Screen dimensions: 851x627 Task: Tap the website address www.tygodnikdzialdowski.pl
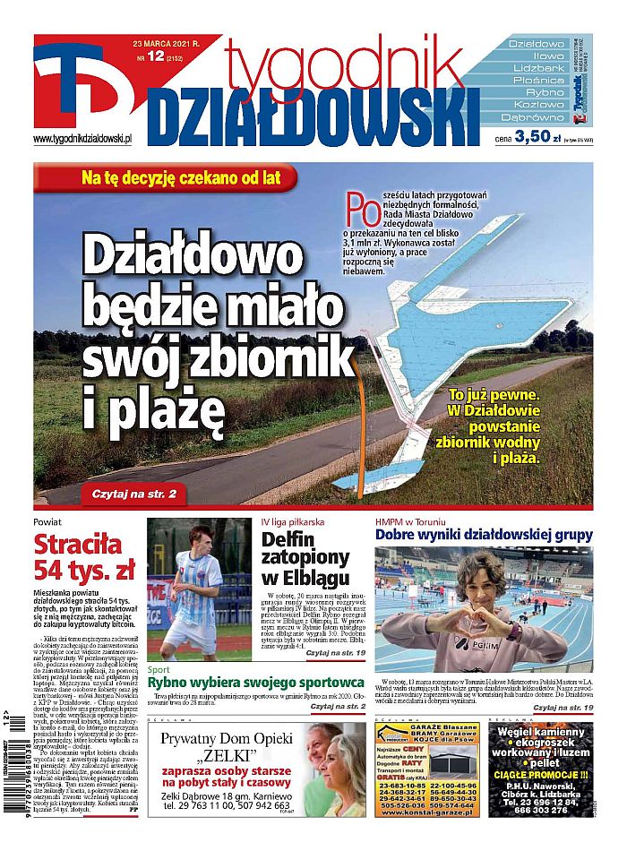[x=82, y=139]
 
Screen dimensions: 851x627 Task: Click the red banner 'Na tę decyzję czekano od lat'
[x=188, y=177]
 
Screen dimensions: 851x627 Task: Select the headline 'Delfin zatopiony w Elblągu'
[x=305, y=559]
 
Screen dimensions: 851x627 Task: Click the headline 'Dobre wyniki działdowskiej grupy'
[x=484, y=536]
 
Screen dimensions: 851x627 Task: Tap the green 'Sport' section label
[x=158, y=669]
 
